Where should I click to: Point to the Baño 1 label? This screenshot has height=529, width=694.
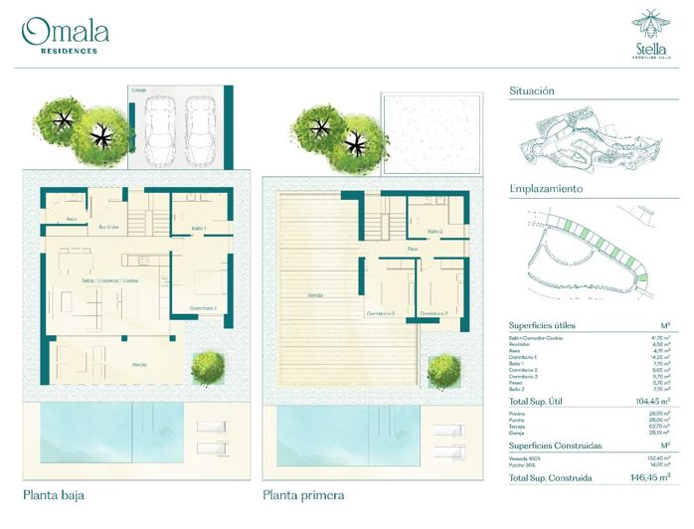coord(198,230)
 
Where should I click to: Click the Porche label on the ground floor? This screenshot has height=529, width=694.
coord(141,365)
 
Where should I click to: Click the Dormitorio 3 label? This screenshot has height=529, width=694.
coord(381,314)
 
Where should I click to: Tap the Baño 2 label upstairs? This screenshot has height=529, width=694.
coord(434,231)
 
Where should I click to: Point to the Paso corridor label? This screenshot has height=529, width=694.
coord(411,249)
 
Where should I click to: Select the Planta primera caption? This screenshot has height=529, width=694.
coord(304,493)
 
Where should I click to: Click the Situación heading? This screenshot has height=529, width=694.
coord(532,90)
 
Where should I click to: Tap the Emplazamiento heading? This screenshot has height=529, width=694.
coord(546,188)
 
